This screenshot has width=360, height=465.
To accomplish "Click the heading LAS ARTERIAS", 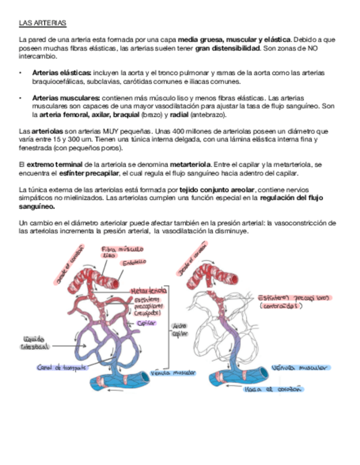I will (x=42, y=24).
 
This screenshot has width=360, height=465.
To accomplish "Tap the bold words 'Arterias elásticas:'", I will (x=61, y=72).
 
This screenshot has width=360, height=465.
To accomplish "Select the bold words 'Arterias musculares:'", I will (x=65, y=97).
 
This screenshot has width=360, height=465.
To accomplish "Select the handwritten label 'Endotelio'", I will (x=134, y=263).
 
